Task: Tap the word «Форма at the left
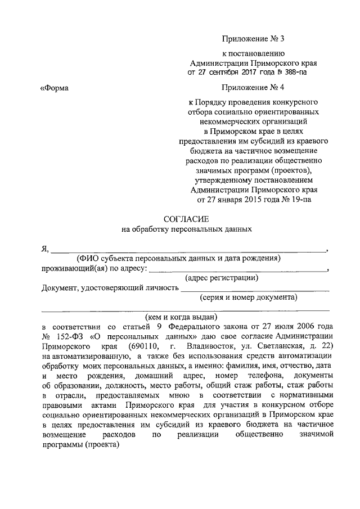[x=55, y=87]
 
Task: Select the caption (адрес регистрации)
[x=222, y=277]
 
